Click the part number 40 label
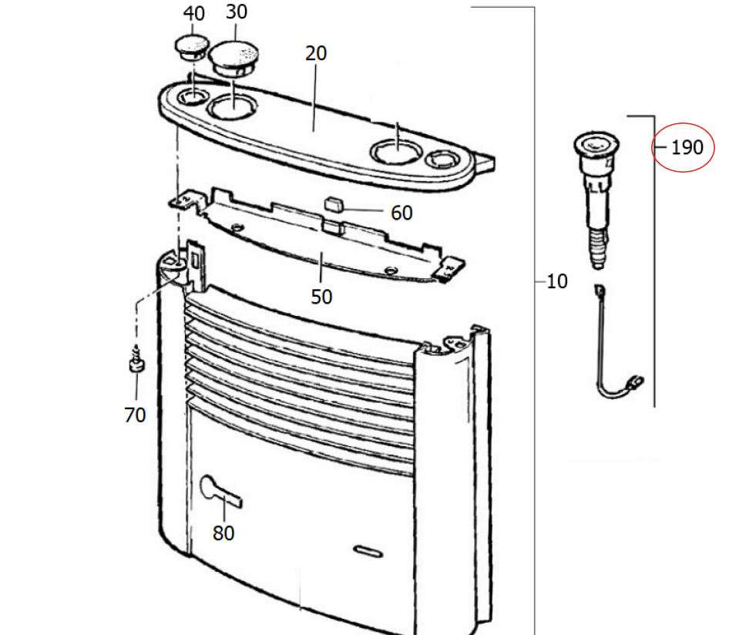(193, 14)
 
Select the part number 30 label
(236, 12)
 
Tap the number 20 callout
(316, 53)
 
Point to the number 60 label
(401, 213)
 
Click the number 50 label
(321, 297)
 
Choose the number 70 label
(135, 415)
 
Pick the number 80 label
(223, 533)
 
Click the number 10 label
(557, 281)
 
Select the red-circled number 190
(687, 147)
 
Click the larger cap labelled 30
(233, 59)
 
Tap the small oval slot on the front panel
(368, 552)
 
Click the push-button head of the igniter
(596, 144)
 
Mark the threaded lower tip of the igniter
(598, 250)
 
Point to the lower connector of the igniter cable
(635, 379)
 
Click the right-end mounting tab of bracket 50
(451, 269)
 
